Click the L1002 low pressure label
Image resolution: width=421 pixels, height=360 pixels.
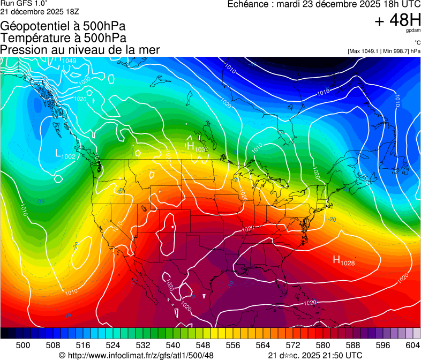point(65,154)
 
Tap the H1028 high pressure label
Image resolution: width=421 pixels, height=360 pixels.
point(344,260)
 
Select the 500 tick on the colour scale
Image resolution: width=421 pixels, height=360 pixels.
point(23,345)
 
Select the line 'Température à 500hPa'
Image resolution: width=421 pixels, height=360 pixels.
point(63,38)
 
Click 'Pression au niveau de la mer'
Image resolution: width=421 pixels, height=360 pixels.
point(80,50)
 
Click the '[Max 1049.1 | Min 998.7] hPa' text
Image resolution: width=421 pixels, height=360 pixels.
point(384,51)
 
